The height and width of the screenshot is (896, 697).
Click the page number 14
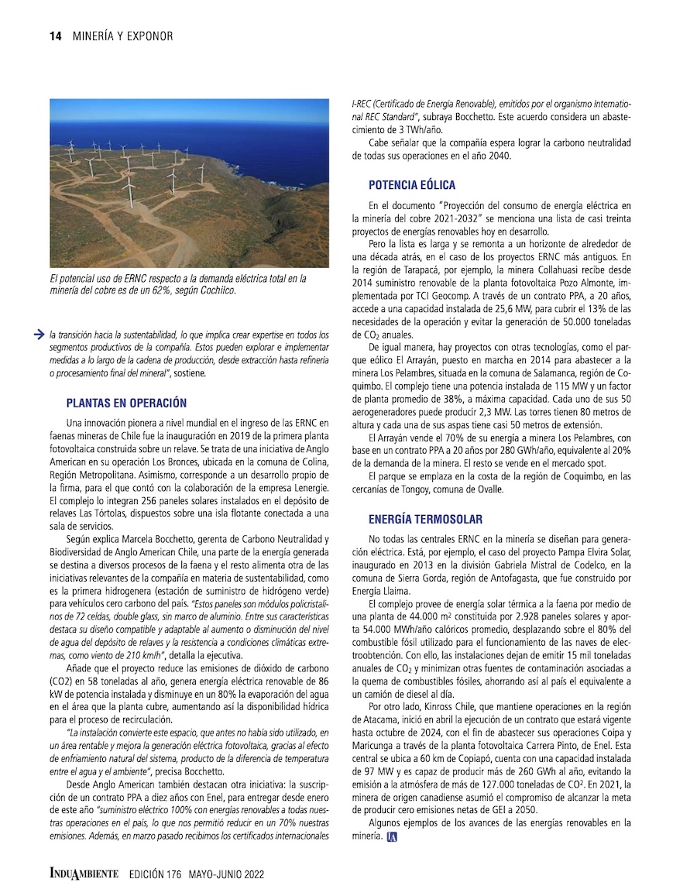[55, 36]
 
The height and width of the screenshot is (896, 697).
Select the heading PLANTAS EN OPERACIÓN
[126, 403]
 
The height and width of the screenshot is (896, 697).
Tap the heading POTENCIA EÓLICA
[412, 185]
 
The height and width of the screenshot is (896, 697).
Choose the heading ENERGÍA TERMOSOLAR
[425, 519]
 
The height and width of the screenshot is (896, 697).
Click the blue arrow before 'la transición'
[38, 335]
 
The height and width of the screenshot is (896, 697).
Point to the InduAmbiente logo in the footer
[84, 873]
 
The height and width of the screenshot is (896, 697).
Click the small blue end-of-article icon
[391, 836]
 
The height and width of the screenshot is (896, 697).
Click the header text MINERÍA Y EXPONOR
[122, 36]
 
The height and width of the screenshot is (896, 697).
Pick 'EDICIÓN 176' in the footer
[155, 874]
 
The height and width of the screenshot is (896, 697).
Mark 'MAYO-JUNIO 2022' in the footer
[225, 874]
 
